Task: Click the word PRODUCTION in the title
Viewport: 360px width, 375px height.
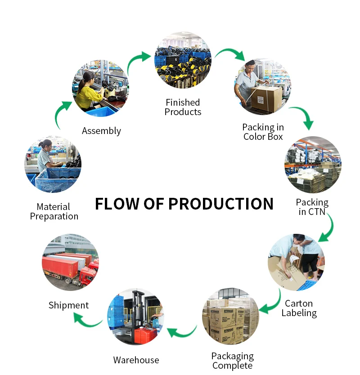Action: pos(220,204)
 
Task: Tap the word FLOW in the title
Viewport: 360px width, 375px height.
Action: pos(117,204)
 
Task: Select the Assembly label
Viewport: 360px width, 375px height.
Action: pos(101,131)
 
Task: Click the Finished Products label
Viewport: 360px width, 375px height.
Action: pos(183,107)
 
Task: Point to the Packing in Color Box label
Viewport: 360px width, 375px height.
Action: pos(263,132)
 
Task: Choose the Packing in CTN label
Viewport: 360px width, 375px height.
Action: pos(312,207)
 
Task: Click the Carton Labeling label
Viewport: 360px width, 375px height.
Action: pos(299,308)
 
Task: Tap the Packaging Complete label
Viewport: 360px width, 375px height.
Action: pos(232,361)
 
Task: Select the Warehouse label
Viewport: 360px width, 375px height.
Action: pos(136,360)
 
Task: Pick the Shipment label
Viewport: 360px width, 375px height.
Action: pos(68,305)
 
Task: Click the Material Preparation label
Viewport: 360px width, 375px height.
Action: pos(54,212)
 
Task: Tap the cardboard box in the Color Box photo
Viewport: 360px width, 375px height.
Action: pos(266,98)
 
